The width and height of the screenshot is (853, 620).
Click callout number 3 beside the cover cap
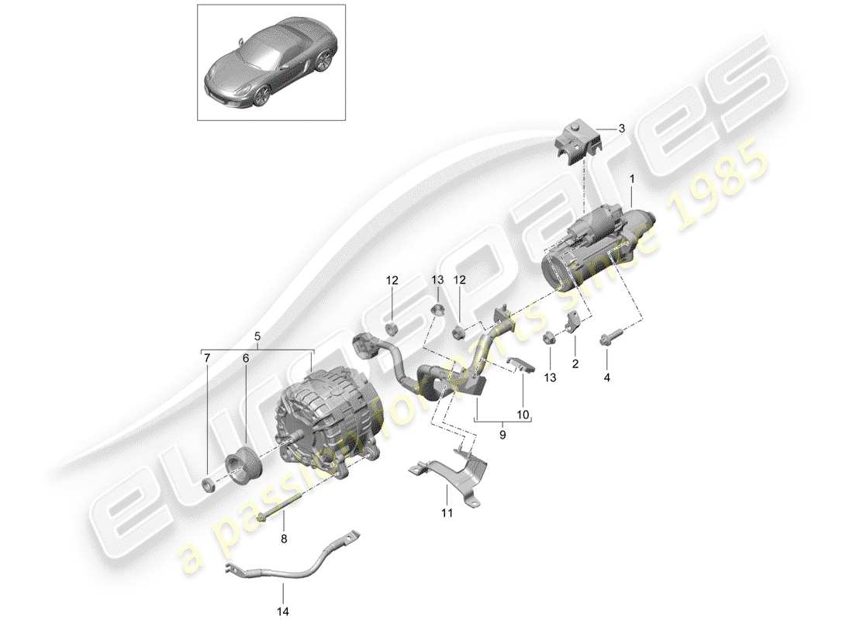tap(621, 129)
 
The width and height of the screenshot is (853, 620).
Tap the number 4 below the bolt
tap(607, 378)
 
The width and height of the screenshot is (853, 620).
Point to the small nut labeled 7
tap(209, 486)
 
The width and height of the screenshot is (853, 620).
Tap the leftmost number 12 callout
tap(392, 281)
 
